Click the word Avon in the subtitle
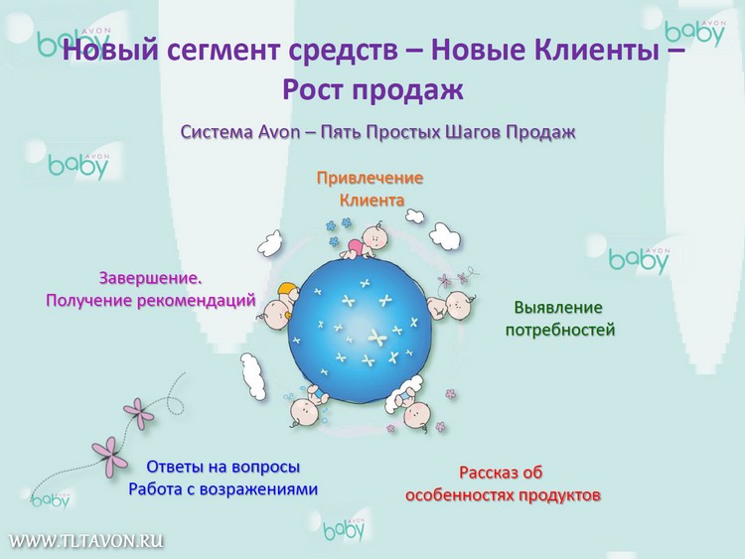point(279,132)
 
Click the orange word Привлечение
point(370,178)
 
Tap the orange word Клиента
point(372,201)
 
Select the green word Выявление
point(558,307)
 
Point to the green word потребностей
point(560,330)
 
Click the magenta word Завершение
point(150,278)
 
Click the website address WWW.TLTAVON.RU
point(86,541)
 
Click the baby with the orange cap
point(279,306)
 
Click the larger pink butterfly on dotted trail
point(110,456)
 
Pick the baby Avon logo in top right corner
point(695,33)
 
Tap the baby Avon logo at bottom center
point(344,528)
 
